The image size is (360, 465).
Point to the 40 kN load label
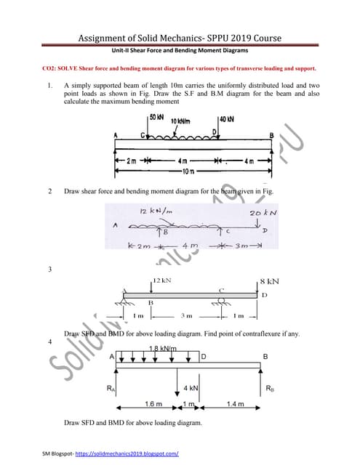226,118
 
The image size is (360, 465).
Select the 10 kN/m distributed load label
181,121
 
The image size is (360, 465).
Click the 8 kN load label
271,280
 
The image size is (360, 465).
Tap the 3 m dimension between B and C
186,315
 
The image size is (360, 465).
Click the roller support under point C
220,304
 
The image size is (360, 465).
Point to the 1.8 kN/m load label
161,349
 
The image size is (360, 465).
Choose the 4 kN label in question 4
191,388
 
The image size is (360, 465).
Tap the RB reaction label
270,388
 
